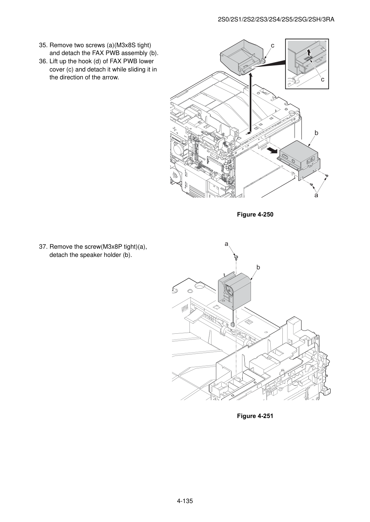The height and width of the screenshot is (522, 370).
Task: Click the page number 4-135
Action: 185,501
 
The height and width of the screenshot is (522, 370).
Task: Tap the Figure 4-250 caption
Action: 255,214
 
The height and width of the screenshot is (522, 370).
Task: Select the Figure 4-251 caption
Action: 255,416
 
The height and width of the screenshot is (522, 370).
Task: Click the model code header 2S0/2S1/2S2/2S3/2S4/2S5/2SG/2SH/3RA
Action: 276,20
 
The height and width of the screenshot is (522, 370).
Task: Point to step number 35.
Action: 43,45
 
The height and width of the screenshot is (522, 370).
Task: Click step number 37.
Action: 43,247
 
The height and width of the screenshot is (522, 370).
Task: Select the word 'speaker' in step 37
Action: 91,255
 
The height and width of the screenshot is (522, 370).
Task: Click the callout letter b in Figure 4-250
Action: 316,133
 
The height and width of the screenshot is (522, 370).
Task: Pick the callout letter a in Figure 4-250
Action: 316,195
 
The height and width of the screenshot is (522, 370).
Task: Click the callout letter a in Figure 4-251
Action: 226,244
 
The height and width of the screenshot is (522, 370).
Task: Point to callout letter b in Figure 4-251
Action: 258,267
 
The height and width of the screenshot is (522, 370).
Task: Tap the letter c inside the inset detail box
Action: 323,80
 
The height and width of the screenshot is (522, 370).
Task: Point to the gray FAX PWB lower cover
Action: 242,57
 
